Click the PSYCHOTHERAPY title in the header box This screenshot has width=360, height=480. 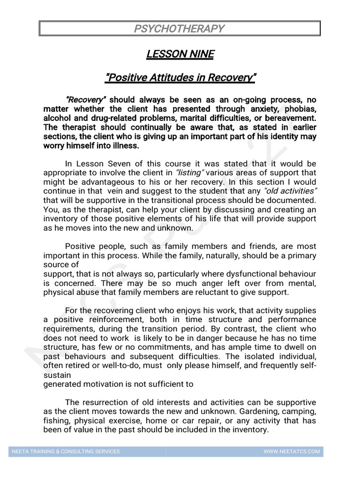coord(180,29)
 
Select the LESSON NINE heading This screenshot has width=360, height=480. coord(180,54)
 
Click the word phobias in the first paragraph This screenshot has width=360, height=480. coord(300,109)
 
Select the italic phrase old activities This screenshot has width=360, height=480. coord(291,191)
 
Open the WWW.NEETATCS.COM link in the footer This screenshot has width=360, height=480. coord(292,451)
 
